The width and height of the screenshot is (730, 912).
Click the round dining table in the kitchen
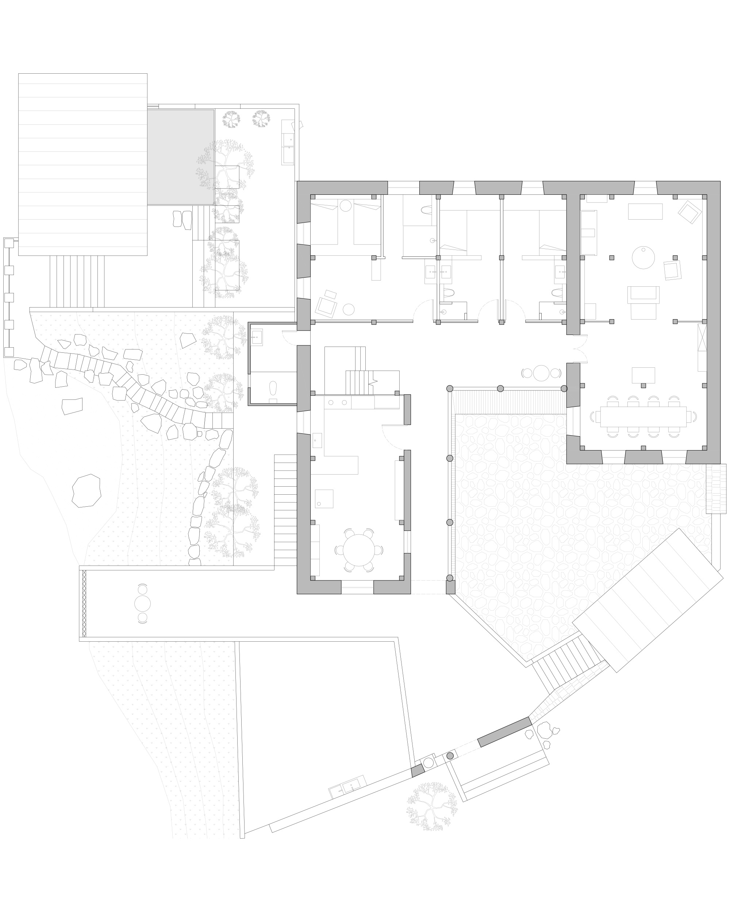tap(358, 550)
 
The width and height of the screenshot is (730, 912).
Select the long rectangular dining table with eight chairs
tap(643, 417)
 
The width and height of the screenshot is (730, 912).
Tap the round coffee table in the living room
tap(643, 257)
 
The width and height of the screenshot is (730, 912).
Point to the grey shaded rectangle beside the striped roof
tap(181, 157)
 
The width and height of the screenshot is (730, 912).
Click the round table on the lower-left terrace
tap(143, 604)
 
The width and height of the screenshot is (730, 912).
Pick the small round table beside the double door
tap(541, 373)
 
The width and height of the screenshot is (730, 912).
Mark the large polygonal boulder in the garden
tap(87, 491)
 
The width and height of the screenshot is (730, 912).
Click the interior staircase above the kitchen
tap(360, 382)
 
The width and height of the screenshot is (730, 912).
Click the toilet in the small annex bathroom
tap(273, 388)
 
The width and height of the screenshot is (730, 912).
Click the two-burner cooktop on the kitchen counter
tap(337, 402)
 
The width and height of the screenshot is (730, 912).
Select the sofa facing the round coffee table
tap(643, 295)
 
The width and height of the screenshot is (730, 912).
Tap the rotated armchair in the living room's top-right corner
tap(689, 212)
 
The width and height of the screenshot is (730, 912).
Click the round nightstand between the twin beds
tap(346, 206)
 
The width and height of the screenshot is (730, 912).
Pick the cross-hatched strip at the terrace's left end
tap(84, 604)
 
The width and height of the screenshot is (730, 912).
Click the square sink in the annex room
tap(257, 337)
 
